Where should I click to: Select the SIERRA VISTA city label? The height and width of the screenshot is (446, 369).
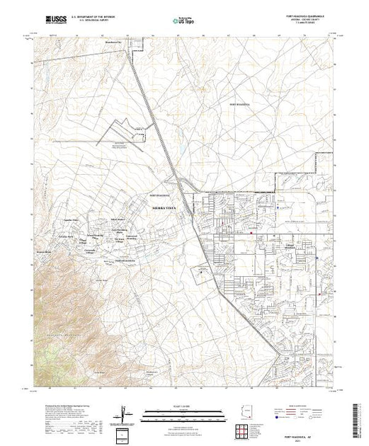click(x=165, y=208)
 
